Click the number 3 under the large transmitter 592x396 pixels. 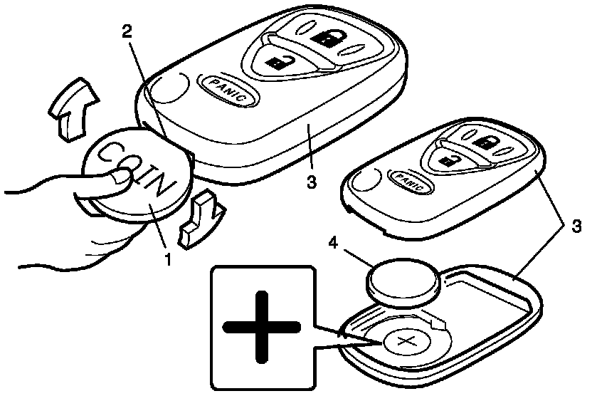click(310, 182)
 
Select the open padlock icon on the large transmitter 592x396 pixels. click(276, 63)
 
